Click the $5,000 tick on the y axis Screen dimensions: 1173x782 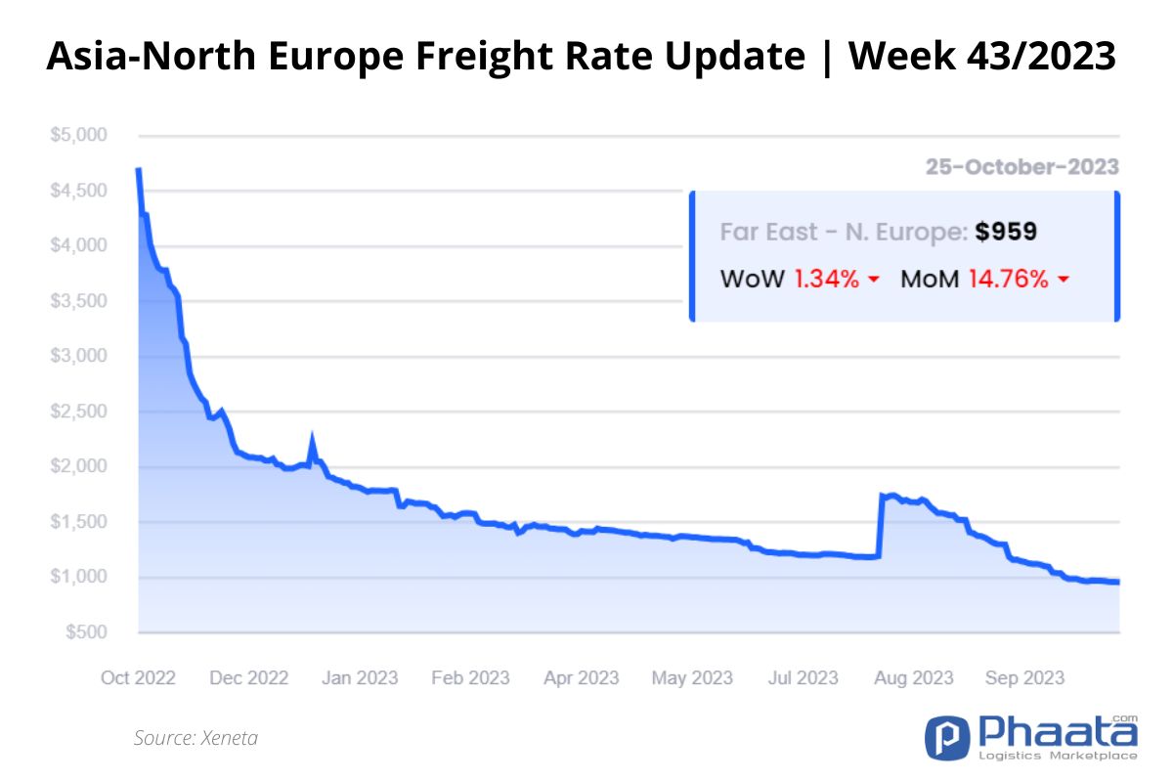click(x=78, y=135)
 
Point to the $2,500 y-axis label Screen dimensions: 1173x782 click(x=78, y=412)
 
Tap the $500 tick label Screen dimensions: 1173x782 click(x=86, y=631)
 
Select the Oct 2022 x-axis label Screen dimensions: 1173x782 click(x=138, y=677)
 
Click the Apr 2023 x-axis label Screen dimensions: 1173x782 click(x=582, y=677)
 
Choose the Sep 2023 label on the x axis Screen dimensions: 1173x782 click(x=1024, y=677)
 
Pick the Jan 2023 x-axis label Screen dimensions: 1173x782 click(x=360, y=677)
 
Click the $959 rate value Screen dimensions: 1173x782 click(x=1006, y=232)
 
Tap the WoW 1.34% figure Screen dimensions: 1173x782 click(x=826, y=279)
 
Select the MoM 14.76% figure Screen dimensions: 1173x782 click(x=1009, y=279)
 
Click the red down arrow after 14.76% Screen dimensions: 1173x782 click(x=1064, y=280)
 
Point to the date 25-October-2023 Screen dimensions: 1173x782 click(x=1022, y=167)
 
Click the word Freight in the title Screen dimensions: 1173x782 click(x=485, y=57)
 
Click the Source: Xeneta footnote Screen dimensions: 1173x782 click(x=195, y=738)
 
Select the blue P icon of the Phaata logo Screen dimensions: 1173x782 click(x=947, y=737)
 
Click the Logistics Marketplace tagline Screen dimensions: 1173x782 click(x=1058, y=756)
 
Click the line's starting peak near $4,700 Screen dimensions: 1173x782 click(x=138, y=169)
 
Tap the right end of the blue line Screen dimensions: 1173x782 click(x=1118, y=582)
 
